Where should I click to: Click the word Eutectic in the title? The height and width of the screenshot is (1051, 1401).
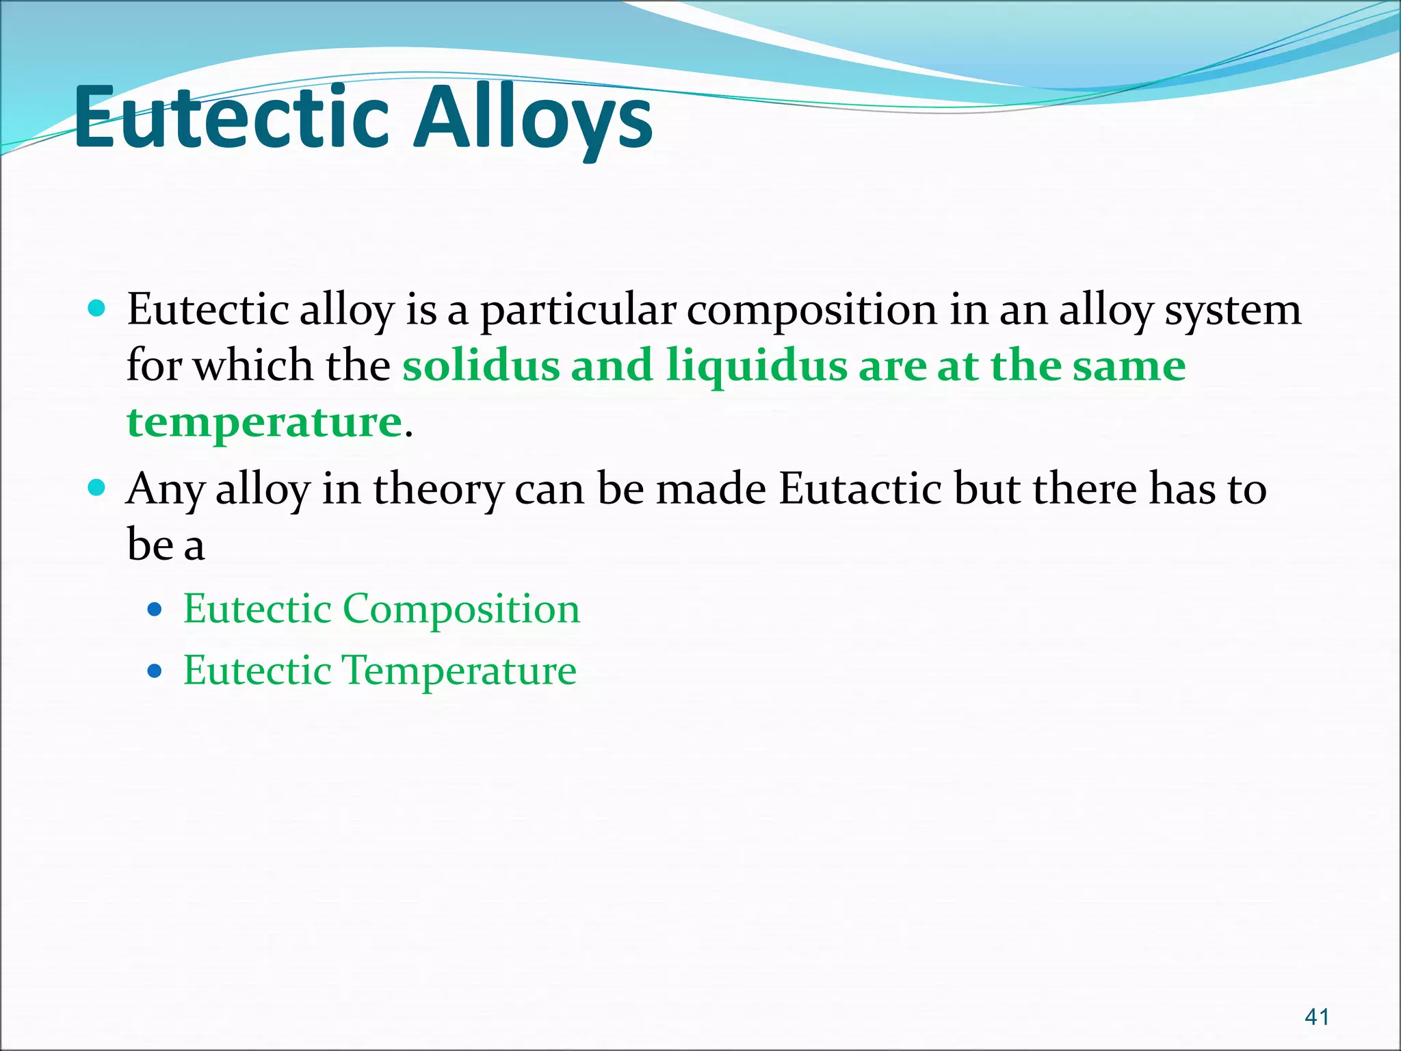point(231,118)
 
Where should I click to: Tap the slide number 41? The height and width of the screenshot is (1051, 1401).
point(1317,1017)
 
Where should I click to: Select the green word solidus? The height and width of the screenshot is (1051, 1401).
point(481,365)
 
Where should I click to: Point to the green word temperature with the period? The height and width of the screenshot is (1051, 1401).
point(265,422)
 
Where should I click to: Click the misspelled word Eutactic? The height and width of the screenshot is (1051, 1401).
point(860,489)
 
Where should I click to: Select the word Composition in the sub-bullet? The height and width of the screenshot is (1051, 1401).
point(461,609)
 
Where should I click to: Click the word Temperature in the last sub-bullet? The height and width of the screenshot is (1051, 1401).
point(458,671)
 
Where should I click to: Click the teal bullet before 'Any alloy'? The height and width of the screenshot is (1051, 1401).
point(97,488)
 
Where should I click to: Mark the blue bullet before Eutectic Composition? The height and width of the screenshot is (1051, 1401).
point(155,608)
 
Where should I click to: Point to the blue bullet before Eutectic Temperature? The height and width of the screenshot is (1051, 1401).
point(155,670)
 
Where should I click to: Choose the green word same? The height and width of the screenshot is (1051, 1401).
point(1129,366)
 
